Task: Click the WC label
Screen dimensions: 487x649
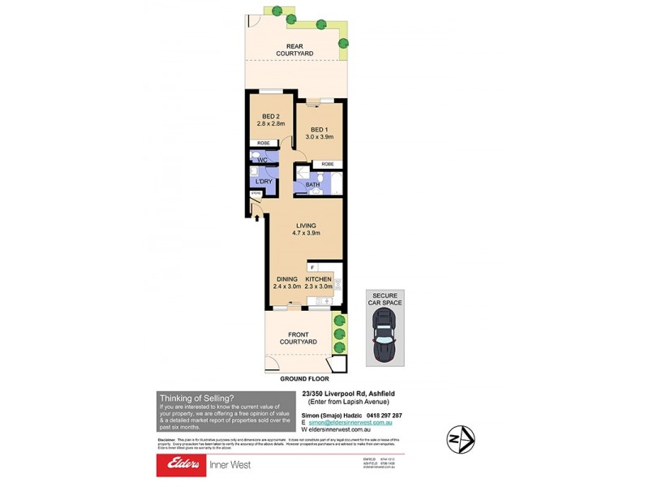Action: (262, 161)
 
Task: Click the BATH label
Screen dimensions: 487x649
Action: (312, 185)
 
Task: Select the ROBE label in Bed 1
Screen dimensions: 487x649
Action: (327, 165)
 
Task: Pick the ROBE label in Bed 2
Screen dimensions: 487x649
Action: (263, 143)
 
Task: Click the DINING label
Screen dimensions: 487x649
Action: (286, 278)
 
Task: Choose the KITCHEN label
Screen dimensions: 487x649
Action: (318, 278)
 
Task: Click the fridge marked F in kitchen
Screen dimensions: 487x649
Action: (309, 267)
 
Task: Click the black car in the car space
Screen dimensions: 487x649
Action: (385, 339)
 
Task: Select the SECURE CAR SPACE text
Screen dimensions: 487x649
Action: (385, 298)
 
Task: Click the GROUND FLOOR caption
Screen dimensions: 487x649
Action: (304, 379)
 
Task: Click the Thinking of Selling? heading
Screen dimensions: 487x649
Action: (197, 397)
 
